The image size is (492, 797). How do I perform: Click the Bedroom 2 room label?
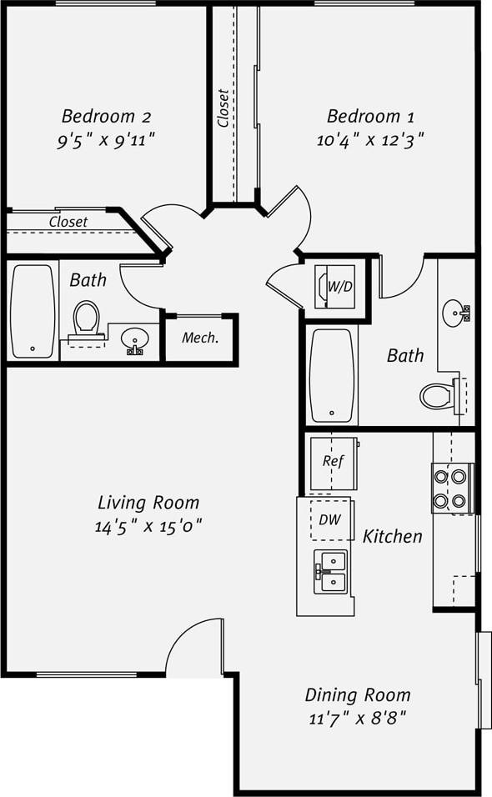click(106, 115)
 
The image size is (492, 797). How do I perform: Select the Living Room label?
click(148, 503)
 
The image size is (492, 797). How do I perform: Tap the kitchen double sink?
click(330, 571)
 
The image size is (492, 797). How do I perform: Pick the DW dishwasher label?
click(329, 520)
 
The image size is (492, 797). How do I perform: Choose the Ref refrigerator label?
click(333, 461)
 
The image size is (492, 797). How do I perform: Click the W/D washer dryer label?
click(339, 287)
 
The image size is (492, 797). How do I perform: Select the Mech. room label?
click(200, 338)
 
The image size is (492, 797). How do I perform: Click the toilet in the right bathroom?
click(439, 395)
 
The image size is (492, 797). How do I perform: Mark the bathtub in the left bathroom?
click(33, 311)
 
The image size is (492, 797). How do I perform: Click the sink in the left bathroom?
click(133, 340)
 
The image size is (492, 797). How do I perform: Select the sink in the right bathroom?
click(455, 314)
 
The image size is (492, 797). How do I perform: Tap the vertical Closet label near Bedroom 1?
click(223, 108)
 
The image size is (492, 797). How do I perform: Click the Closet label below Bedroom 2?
click(68, 222)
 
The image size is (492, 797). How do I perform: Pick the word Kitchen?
click(392, 536)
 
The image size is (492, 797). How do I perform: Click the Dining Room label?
click(358, 694)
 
